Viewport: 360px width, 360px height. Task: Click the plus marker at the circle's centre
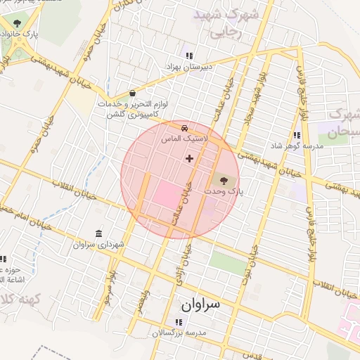pos(189,158)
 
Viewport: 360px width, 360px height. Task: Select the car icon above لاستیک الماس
pos(184,129)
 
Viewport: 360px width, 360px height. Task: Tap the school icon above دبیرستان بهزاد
pos(188,56)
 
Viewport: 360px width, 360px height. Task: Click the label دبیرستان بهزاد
pos(188,66)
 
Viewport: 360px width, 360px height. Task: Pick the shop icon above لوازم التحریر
pos(133,94)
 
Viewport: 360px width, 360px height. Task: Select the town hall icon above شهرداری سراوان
pos(98,233)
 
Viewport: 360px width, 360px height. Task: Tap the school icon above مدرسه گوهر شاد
pos(297,135)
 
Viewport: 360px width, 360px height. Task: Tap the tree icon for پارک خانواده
pos(17,23)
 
